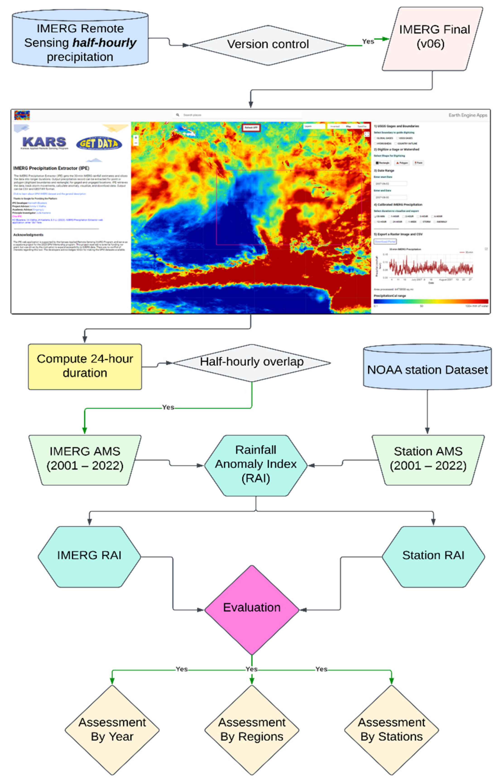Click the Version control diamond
(268, 45)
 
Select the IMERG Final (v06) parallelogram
(432, 39)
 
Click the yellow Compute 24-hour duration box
(85, 366)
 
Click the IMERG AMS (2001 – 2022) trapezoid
(85, 459)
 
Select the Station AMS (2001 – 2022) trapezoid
(428, 459)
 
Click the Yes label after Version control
(368, 42)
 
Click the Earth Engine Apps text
(467, 115)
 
